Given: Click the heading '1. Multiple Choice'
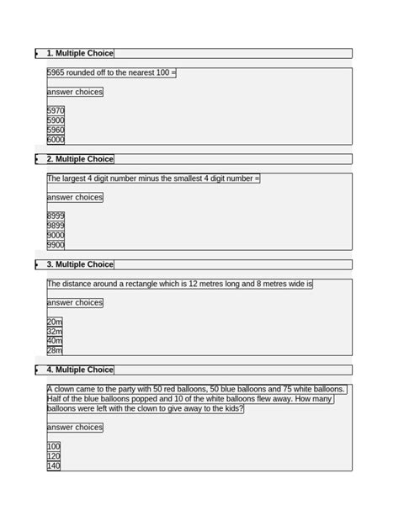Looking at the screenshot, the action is pyautogui.click(x=80, y=53).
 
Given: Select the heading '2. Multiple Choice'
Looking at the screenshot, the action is pyautogui.click(x=80, y=158).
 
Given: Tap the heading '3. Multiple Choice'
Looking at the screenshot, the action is pyautogui.click(x=80, y=264).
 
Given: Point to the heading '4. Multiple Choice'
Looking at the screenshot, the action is pyautogui.click(x=80, y=370).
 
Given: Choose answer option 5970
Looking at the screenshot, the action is pyautogui.click(x=56, y=110).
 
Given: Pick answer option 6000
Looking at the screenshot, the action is pyautogui.click(x=56, y=140).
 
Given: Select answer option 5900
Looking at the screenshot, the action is pyautogui.click(x=56, y=120).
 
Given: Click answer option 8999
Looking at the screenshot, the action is pyautogui.click(x=56, y=216).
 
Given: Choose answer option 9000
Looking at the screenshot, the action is pyautogui.click(x=56, y=236).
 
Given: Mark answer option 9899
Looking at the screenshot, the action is pyautogui.click(x=56, y=226).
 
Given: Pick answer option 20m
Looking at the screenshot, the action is pyautogui.click(x=55, y=322).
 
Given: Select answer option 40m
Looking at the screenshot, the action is pyautogui.click(x=55, y=341).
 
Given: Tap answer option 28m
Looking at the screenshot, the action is pyautogui.click(x=55, y=350).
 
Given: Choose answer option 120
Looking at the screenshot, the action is pyautogui.click(x=54, y=456).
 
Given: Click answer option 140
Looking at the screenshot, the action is pyautogui.click(x=54, y=465).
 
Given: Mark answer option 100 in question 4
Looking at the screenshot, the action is pyautogui.click(x=54, y=446).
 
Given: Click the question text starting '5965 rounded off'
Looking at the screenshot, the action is pyautogui.click(x=111, y=72).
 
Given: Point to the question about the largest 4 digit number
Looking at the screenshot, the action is pyautogui.click(x=153, y=178).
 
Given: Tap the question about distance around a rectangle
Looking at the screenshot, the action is pyautogui.click(x=179, y=284).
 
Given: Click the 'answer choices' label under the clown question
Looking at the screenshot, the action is pyautogui.click(x=75, y=427).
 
